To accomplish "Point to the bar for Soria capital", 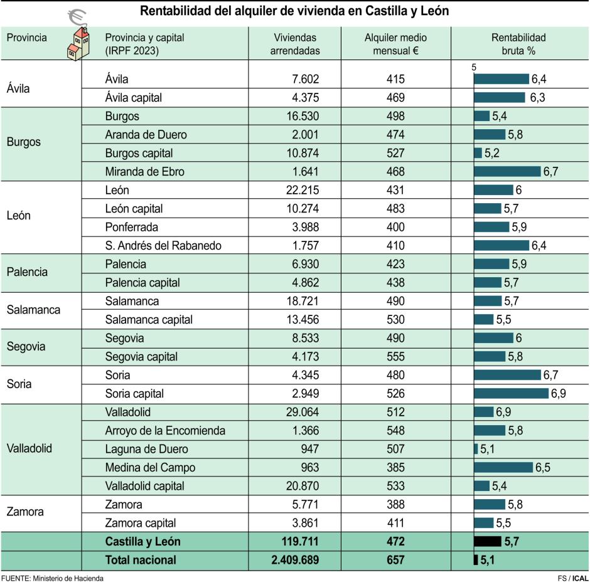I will click(x=511, y=394).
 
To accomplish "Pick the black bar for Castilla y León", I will click(x=487, y=541).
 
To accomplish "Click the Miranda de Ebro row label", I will click(x=144, y=172).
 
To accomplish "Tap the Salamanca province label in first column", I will click(x=33, y=310).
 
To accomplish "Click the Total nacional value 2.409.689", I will click(x=295, y=560).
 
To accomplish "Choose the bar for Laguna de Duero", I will click(x=476, y=449).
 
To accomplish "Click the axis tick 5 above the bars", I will click(x=475, y=68).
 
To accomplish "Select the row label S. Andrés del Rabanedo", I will click(x=163, y=246).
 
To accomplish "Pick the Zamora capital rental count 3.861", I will click(x=303, y=523).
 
